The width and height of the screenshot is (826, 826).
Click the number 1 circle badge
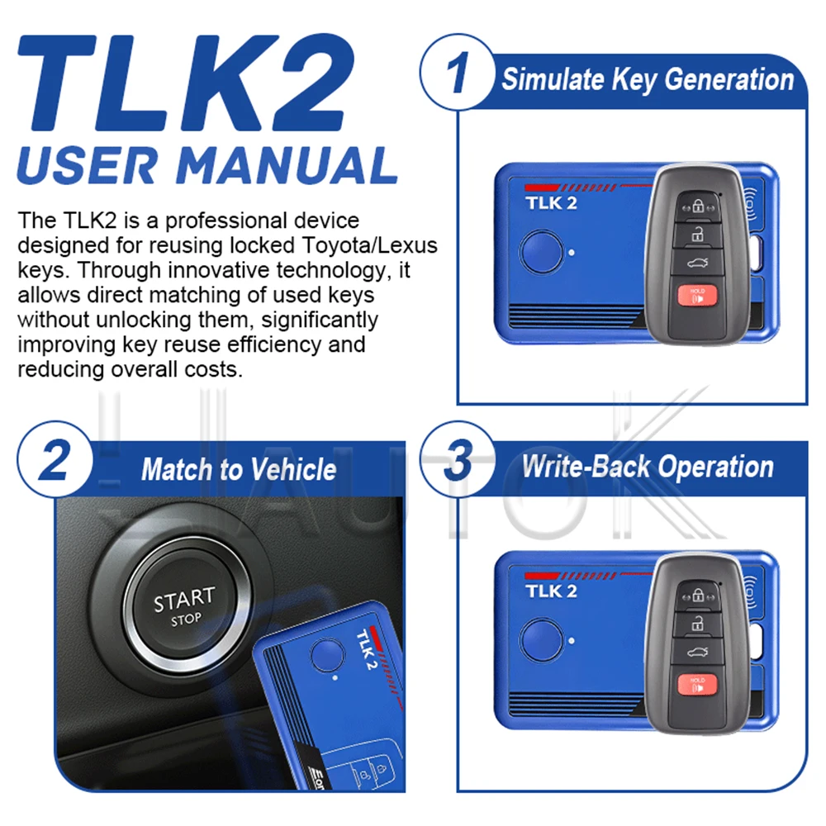click(458, 72)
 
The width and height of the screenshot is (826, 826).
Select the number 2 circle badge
click(55, 459)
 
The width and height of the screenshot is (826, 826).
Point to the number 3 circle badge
click(458, 459)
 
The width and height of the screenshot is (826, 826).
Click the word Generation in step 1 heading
click(729, 80)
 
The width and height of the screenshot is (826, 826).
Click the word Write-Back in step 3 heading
click(586, 467)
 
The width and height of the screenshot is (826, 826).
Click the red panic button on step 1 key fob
click(697, 296)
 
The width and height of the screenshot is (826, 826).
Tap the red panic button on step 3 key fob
click(697, 684)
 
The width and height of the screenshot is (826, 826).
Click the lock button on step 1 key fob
click(697, 206)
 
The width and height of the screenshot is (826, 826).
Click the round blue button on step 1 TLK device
click(542, 252)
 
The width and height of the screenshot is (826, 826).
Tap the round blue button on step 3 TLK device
click(542, 640)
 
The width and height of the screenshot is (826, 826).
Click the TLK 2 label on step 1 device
click(551, 203)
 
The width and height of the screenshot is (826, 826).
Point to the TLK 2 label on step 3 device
click(551, 591)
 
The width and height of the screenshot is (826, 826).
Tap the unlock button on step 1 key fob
click(697, 235)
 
